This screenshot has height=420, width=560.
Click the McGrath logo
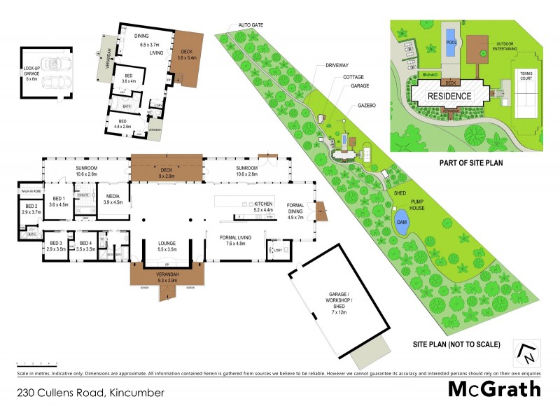tap(494, 390)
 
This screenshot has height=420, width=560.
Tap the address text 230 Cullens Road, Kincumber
tap(90, 393)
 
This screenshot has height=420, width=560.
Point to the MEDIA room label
tap(113, 199)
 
